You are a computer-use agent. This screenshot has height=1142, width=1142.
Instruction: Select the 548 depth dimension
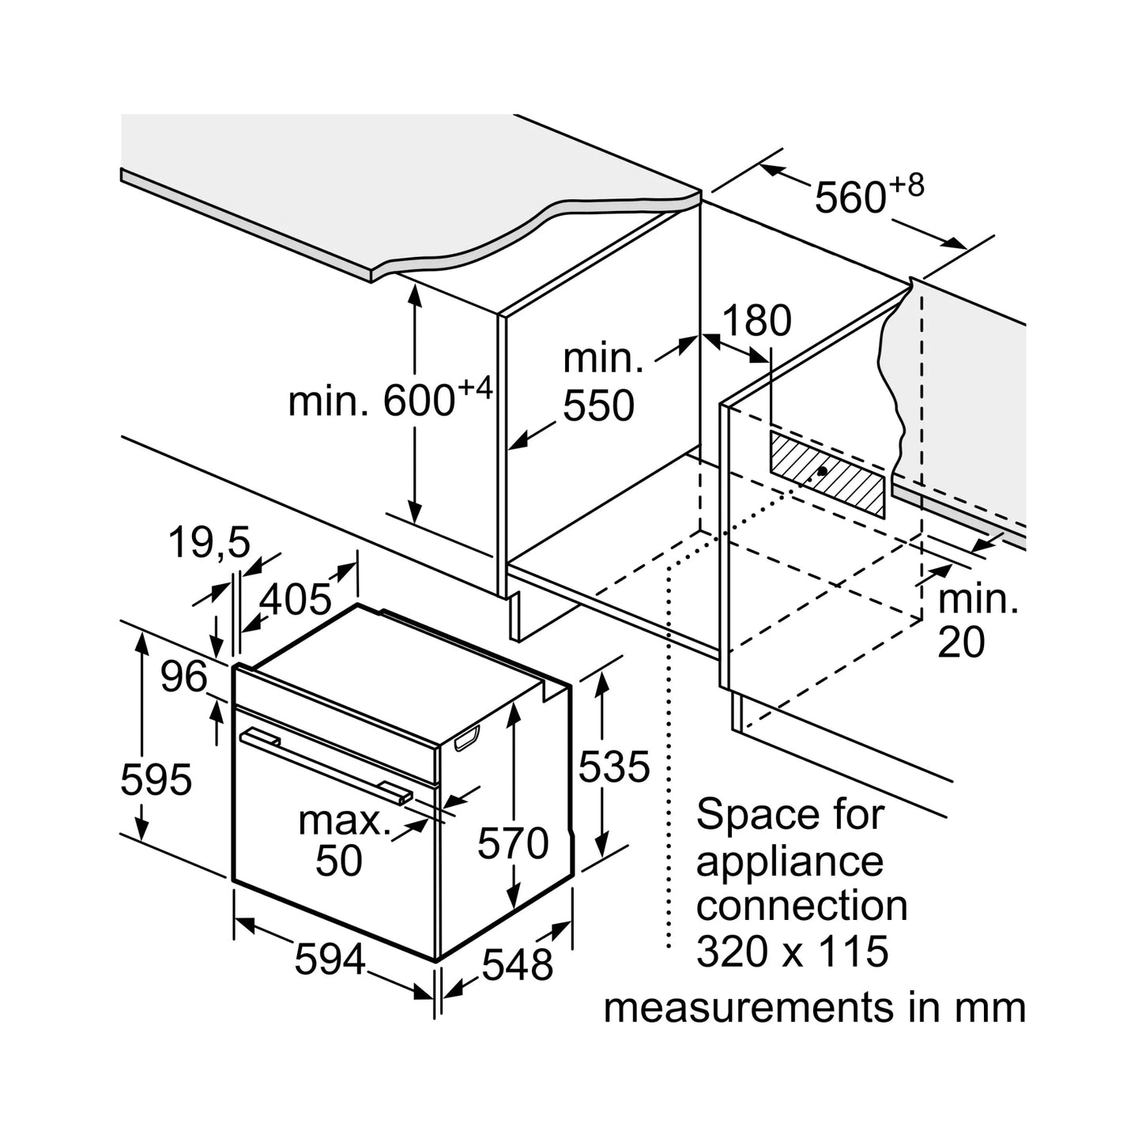pos(518,965)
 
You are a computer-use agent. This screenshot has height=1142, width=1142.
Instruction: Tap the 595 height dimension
pos(156,780)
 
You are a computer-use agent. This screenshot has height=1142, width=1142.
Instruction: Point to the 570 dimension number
pos(513,843)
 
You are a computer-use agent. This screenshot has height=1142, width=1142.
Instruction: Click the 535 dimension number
pos(614,767)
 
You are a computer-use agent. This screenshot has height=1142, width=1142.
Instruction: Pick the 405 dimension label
pos(296,600)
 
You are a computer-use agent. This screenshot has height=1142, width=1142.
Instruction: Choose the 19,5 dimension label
pos(209,544)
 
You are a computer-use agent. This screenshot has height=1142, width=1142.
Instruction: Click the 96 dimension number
pos(183,677)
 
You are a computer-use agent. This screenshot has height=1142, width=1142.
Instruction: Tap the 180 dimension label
pos(756,321)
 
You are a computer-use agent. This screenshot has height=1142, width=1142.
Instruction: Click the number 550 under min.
pos(598,406)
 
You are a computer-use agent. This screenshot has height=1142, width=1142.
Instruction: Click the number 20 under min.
pos(961,643)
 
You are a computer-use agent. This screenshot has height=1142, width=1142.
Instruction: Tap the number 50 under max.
pos(339,861)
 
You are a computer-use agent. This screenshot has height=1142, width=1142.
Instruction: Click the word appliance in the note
pos(790,862)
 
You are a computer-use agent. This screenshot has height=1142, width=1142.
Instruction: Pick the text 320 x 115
pos(792,952)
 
